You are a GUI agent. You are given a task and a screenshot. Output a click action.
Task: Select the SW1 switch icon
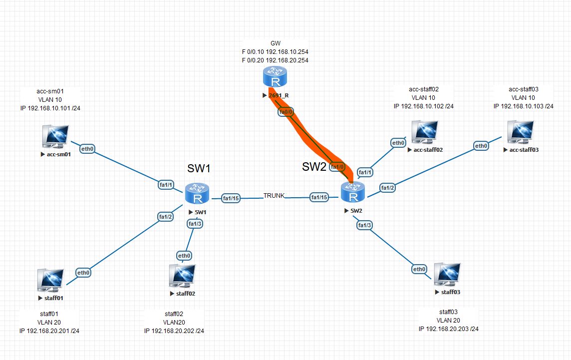click(198, 194)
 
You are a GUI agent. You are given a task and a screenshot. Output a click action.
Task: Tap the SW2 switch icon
click(353, 193)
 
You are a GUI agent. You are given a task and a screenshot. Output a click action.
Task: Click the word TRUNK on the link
click(274, 195)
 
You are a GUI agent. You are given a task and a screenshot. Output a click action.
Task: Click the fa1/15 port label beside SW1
click(231, 198)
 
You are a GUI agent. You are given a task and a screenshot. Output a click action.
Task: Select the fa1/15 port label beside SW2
click(319, 197)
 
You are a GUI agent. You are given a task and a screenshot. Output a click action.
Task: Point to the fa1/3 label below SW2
click(365, 225)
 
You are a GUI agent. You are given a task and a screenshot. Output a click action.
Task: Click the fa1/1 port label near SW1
click(166, 185)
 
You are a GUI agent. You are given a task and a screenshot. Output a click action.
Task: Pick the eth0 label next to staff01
click(83, 273)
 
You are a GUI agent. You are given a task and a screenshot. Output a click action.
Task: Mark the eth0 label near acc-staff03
click(481, 146)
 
